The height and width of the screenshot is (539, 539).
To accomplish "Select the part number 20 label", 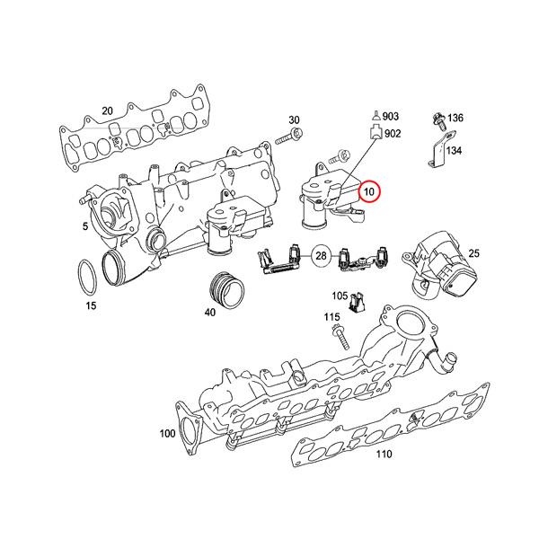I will click(x=107, y=110).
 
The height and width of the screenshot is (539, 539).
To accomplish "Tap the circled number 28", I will click(x=321, y=258).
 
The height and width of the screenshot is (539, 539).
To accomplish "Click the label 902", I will click(x=393, y=134).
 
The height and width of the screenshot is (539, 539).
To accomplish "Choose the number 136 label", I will click(x=455, y=119).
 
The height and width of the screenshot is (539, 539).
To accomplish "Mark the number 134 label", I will click(x=455, y=151).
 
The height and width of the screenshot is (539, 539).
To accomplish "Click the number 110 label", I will click(x=384, y=455).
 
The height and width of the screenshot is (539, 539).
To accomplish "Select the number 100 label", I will click(x=167, y=434).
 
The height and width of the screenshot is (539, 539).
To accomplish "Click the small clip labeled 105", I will click(x=358, y=303).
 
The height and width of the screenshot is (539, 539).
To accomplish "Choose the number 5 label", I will click(x=85, y=227).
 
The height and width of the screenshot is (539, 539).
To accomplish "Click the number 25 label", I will click(x=474, y=255).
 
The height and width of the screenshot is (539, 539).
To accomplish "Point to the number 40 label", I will click(x=209, y=314).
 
